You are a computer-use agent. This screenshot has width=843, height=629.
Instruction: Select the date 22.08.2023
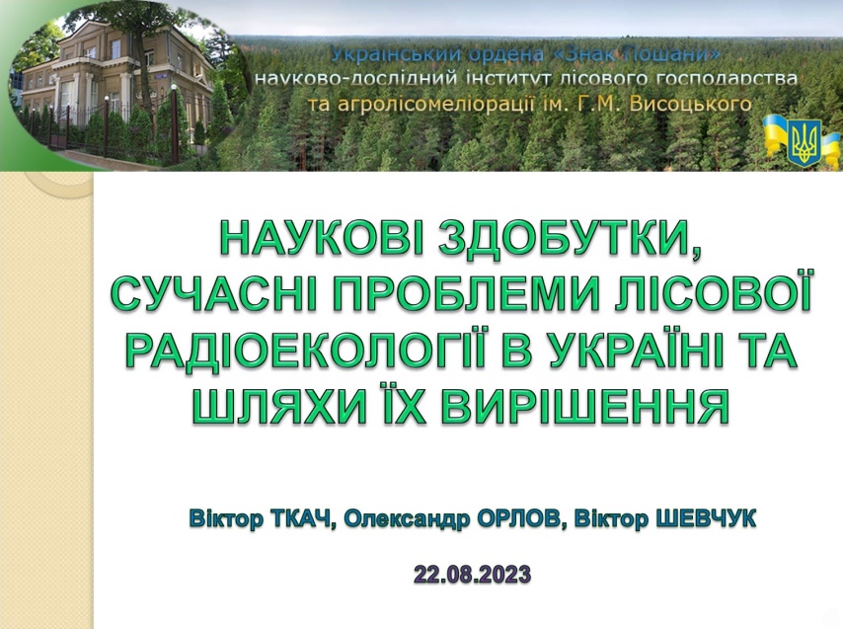tap(473, 574)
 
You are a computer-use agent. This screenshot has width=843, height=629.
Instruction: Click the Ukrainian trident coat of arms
tap(804, 142)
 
